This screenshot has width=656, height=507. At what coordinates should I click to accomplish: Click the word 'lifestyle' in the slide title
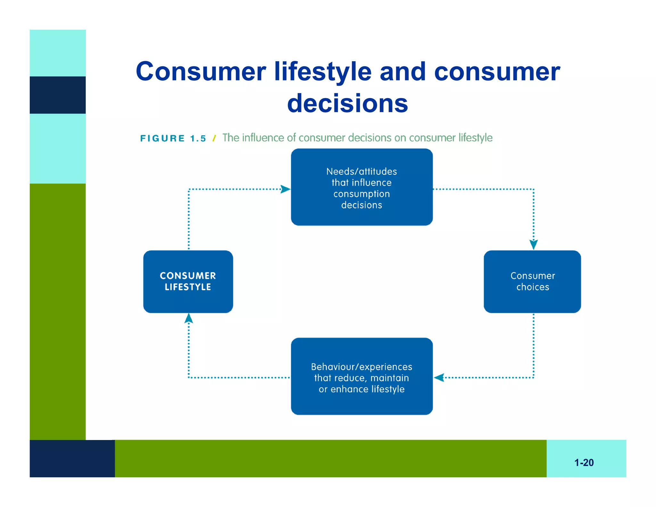[323, 72]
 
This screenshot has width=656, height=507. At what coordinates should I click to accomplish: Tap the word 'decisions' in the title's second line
[348, 104]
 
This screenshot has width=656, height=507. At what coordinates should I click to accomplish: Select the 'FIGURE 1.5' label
[173, 138]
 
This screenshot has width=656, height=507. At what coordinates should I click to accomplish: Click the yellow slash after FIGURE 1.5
[214, 138]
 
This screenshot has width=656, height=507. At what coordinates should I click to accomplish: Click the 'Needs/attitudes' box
[362, 187]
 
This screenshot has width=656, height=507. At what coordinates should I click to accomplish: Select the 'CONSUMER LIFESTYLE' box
[188, 281]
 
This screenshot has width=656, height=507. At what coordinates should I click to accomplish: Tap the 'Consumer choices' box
[532, 281]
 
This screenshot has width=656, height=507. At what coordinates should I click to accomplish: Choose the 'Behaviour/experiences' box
[362, 376]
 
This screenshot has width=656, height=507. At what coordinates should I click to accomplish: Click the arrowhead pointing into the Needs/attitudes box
[285, 189]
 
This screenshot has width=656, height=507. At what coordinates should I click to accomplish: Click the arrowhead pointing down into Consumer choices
[533, 244]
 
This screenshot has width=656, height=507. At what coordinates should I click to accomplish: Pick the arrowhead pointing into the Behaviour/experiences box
[439, 378]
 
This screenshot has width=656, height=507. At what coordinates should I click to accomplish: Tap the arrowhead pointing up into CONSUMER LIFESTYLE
[189, 319]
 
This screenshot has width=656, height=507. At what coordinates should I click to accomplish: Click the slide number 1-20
[584, 462]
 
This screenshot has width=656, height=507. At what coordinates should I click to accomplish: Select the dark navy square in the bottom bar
[72, 458]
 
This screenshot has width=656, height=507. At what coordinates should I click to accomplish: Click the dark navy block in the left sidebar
[58, 95]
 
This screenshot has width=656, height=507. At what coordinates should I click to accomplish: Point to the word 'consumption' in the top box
[361, 194]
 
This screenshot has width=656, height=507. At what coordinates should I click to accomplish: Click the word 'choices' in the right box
[533, 287]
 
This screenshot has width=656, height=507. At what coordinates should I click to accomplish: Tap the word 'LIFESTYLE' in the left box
[188, 287]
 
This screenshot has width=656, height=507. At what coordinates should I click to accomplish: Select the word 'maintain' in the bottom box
[389, 378]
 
